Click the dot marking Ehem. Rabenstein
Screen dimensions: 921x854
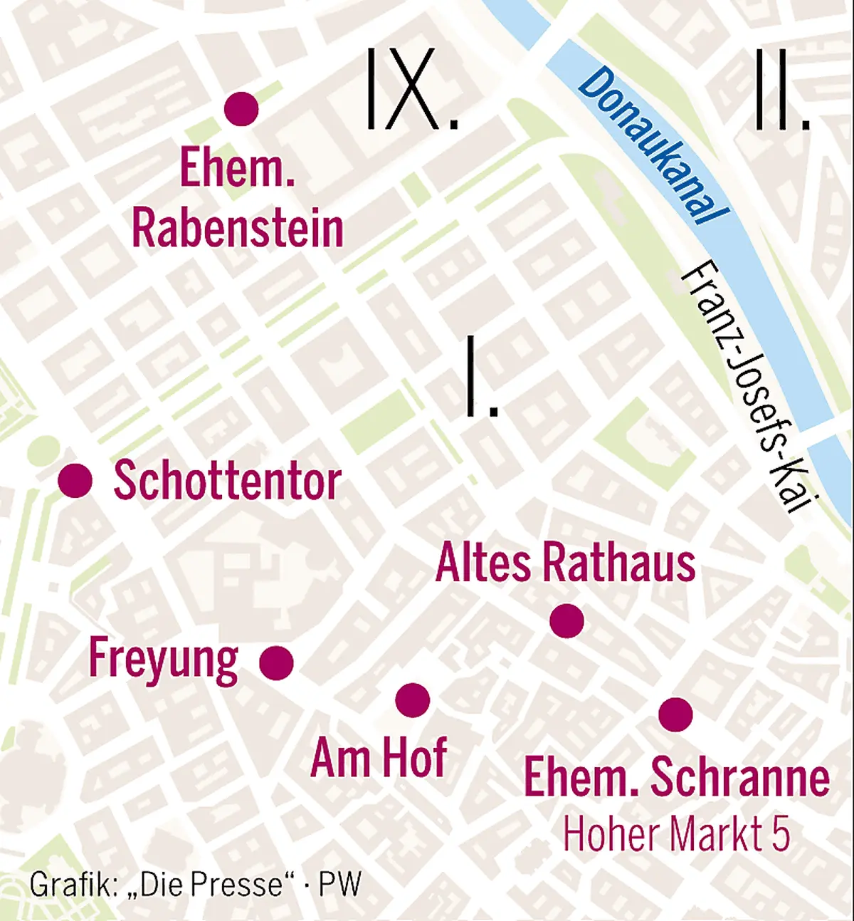click(241, 109)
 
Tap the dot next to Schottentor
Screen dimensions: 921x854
click(75, 480)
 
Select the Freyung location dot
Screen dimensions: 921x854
click(276, 663)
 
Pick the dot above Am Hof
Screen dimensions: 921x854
click(413, 699)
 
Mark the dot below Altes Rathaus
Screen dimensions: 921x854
click(567, 620)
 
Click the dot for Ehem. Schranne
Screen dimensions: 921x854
click(675, 714)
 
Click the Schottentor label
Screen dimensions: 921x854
click(228, 482)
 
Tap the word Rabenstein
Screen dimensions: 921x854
click(238, 229)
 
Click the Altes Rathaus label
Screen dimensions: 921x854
click(566, 563)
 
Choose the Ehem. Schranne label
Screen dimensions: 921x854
click(676, 777)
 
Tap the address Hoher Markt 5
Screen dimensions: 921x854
click(676, 833)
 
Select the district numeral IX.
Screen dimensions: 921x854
click(411, 90)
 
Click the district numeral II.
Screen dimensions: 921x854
click(781, 90)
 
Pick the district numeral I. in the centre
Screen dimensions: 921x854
click(481, 376)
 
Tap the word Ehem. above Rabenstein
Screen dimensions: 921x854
click(237, 167)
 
